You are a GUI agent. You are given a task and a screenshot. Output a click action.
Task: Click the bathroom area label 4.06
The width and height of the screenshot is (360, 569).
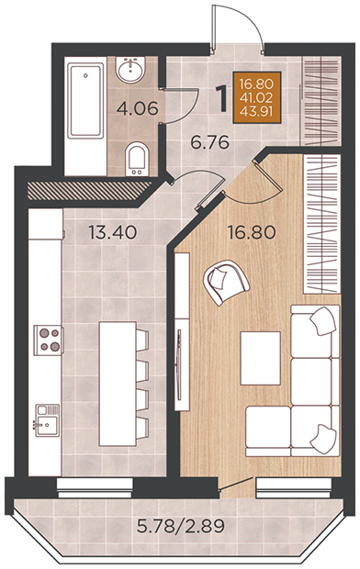(138, 108)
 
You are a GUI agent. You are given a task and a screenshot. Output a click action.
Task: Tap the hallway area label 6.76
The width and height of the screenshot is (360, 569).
(210, 142)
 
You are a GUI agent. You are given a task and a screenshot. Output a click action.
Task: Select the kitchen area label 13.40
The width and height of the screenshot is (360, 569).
(113, 232)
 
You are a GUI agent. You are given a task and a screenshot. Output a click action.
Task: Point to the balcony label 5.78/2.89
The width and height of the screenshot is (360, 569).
(181, 526)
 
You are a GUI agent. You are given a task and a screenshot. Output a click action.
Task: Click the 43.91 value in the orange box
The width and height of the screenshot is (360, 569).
(256, 112)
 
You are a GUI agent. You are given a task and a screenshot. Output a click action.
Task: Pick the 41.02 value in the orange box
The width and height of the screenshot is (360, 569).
(256, 98)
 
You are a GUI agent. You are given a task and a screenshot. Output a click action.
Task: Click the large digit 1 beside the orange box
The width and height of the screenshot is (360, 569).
(221, 99)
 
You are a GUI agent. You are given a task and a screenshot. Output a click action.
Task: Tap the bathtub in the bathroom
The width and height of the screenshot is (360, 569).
(85, 101)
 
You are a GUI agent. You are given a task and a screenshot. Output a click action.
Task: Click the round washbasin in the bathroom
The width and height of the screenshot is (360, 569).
(130, 70)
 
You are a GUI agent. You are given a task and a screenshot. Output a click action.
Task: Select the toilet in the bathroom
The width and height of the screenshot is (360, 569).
(137, 159)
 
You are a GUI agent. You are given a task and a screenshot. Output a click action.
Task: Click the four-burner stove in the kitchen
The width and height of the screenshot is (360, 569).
(49, 340)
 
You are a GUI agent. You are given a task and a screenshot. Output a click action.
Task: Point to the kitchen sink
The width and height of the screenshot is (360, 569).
(47, 420)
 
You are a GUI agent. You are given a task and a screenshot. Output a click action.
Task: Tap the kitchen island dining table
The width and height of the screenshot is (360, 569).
(118, 384)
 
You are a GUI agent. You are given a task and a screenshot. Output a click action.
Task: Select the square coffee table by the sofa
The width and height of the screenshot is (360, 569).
(261, 358)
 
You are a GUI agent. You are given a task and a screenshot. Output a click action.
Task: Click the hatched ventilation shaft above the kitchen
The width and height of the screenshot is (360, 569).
(89, 191)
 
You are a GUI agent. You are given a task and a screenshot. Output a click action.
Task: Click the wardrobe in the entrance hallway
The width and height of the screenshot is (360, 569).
(321, 101)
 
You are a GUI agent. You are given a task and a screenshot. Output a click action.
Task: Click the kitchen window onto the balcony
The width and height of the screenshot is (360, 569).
(95, 488)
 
